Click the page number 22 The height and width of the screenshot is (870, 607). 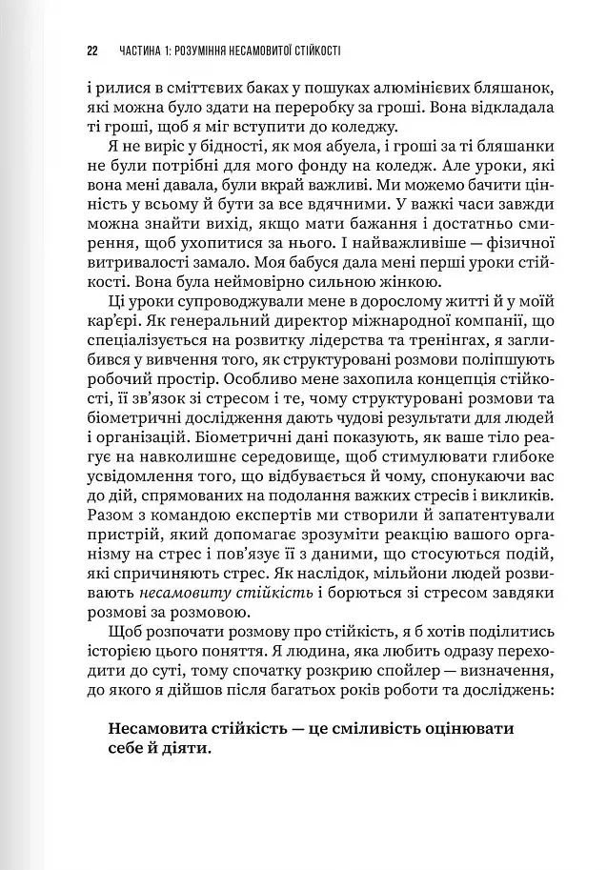click(x=91, y=50)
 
